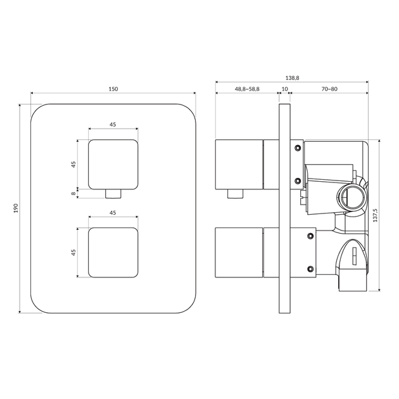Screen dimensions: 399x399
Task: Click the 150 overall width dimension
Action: [113, 89]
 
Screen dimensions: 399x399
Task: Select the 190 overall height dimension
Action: [16, 208]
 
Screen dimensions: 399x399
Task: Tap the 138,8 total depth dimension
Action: [292, 78]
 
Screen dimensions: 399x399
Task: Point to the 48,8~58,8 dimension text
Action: [247, 89]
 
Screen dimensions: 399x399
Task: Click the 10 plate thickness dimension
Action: [285, 89]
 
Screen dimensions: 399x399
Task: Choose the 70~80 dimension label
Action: [329, 89]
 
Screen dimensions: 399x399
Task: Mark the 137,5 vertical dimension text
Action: [375, 215]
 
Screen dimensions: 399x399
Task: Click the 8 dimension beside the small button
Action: [73, 194]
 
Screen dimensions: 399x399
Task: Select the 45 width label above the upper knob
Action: [113, 124]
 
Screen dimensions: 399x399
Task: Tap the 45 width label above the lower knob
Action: [113, 213]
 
